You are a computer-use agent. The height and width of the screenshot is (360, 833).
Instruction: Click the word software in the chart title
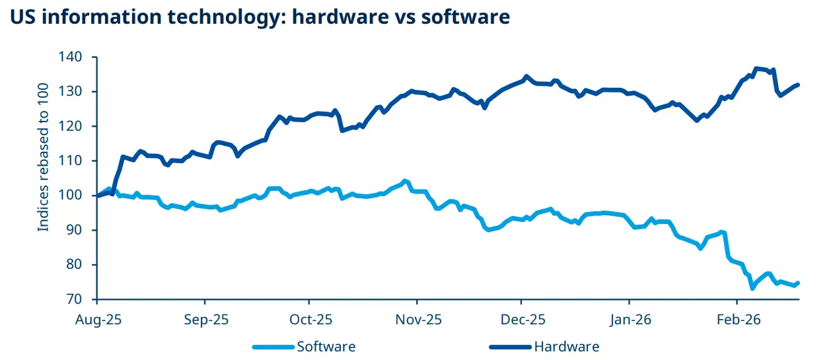point(467,17)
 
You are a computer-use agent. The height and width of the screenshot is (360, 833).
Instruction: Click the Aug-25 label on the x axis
point(98,320)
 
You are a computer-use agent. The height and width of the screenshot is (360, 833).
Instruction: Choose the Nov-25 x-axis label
point(417,320)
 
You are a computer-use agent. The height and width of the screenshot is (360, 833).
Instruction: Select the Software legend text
point(326,347)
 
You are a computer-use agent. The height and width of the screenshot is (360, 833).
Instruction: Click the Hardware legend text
point(566,347)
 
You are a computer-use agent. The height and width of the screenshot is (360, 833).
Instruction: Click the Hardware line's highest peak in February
point(756,68)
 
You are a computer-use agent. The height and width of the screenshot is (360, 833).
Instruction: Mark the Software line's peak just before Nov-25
point(405,181)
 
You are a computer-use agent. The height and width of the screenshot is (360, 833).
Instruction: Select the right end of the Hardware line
point(798,85)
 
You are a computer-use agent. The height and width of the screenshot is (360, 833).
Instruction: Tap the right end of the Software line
point(798,283)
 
